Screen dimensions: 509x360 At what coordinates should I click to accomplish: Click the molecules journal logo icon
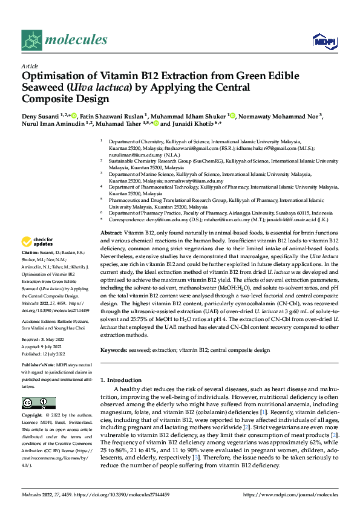[31, 41]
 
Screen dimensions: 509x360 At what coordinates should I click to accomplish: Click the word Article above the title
[30, 66]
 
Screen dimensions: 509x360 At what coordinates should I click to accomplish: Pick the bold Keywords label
[113, 350]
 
